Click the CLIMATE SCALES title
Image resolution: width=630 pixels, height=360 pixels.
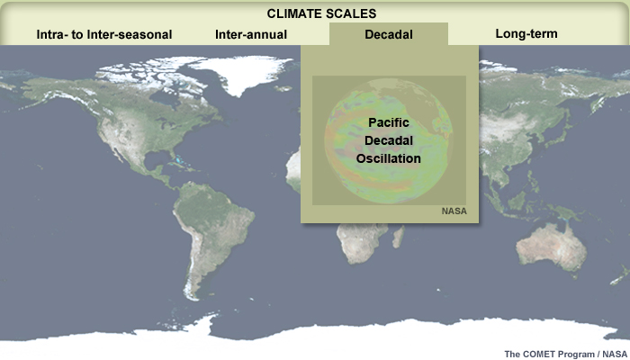point(321,13)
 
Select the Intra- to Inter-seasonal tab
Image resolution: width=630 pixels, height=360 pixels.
point(104,34)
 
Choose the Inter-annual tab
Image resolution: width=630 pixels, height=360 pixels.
point(251,34)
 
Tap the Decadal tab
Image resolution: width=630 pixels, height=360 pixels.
point(389,34)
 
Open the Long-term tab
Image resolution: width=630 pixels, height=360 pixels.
point(526,33)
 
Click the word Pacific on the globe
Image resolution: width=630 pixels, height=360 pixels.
point(389,122)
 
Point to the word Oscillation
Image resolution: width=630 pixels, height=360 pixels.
point(389,158)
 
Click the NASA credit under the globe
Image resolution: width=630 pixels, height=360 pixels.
point(454,211)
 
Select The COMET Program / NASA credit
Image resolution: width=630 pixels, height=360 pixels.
point(565,354)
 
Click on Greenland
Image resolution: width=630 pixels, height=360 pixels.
point(241,72)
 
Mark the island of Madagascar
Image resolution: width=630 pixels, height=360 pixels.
point(398,237)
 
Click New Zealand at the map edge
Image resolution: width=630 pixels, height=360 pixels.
point(621,277)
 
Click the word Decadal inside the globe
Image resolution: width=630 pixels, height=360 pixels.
point(389,140)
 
